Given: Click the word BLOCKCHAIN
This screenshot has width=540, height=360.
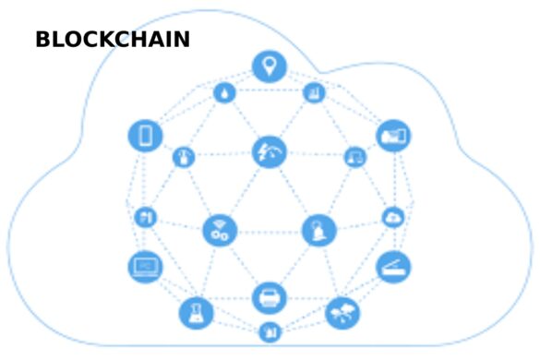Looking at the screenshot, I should pos(113,40).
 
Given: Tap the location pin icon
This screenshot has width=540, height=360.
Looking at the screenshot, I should pos(269,66).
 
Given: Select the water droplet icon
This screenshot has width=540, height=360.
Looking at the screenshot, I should pos(224,92).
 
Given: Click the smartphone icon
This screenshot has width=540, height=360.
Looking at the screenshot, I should pos(145,136).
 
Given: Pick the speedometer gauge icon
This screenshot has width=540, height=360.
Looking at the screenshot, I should pos(269,151).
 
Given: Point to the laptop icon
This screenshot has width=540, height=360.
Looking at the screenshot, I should pos(144,267).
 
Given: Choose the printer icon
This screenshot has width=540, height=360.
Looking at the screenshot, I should pos(269,297).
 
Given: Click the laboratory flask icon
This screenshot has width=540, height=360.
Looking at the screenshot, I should pos(195,313).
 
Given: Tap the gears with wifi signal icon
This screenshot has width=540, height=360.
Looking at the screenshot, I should pos(220,230).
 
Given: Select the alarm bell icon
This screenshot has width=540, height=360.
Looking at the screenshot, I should pos(318,230).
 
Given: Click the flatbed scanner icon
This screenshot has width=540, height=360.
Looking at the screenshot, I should pos(393,267).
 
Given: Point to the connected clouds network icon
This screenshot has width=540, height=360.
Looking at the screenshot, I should pos(342,312).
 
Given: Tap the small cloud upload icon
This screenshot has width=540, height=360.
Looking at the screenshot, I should pos(392,218).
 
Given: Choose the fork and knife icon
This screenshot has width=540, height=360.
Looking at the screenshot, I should pos(145,218).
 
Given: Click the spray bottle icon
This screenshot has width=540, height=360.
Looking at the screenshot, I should pos(184,157).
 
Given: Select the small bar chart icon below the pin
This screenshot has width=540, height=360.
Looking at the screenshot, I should pos(313,92).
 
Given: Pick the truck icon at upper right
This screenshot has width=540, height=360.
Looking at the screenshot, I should pos(393,136).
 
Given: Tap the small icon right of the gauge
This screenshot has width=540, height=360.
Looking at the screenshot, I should pos(354,157).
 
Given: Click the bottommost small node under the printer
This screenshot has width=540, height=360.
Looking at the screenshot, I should pos(270,330).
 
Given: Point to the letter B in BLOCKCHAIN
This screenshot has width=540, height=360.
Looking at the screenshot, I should pos(43,40).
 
